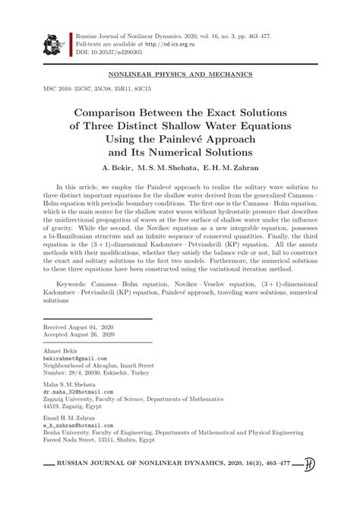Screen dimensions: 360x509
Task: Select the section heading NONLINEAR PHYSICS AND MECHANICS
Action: [x=181, y=77]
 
